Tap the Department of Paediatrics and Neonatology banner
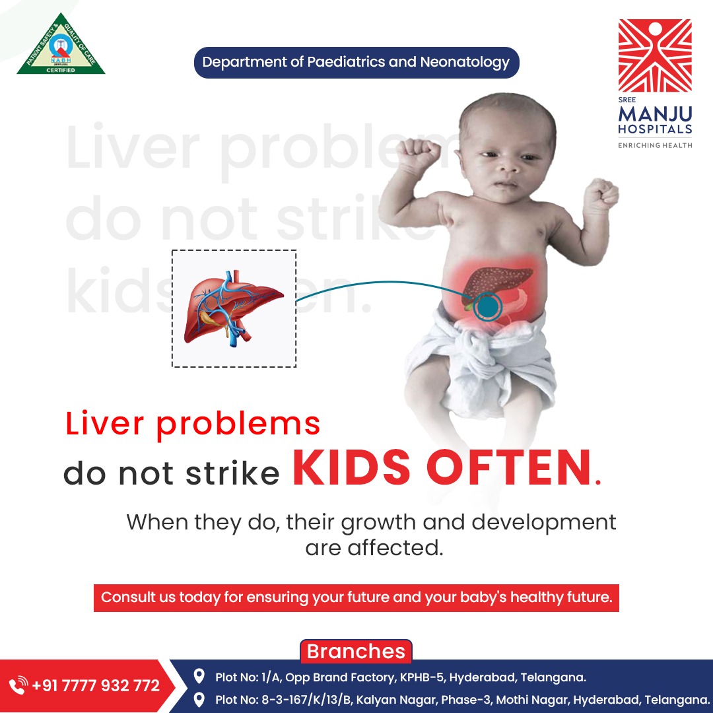tap(356, 63)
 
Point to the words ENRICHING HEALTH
tap(655, 145)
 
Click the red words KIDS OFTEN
tap(442, 468)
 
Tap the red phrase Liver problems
tap(193, 423)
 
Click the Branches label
tap(356, 652)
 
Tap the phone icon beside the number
tap(19, 685)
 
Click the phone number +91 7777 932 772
tap(96, 685)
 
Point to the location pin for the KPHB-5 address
tap(199, 677)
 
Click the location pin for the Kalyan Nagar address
tap(199, 698)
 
